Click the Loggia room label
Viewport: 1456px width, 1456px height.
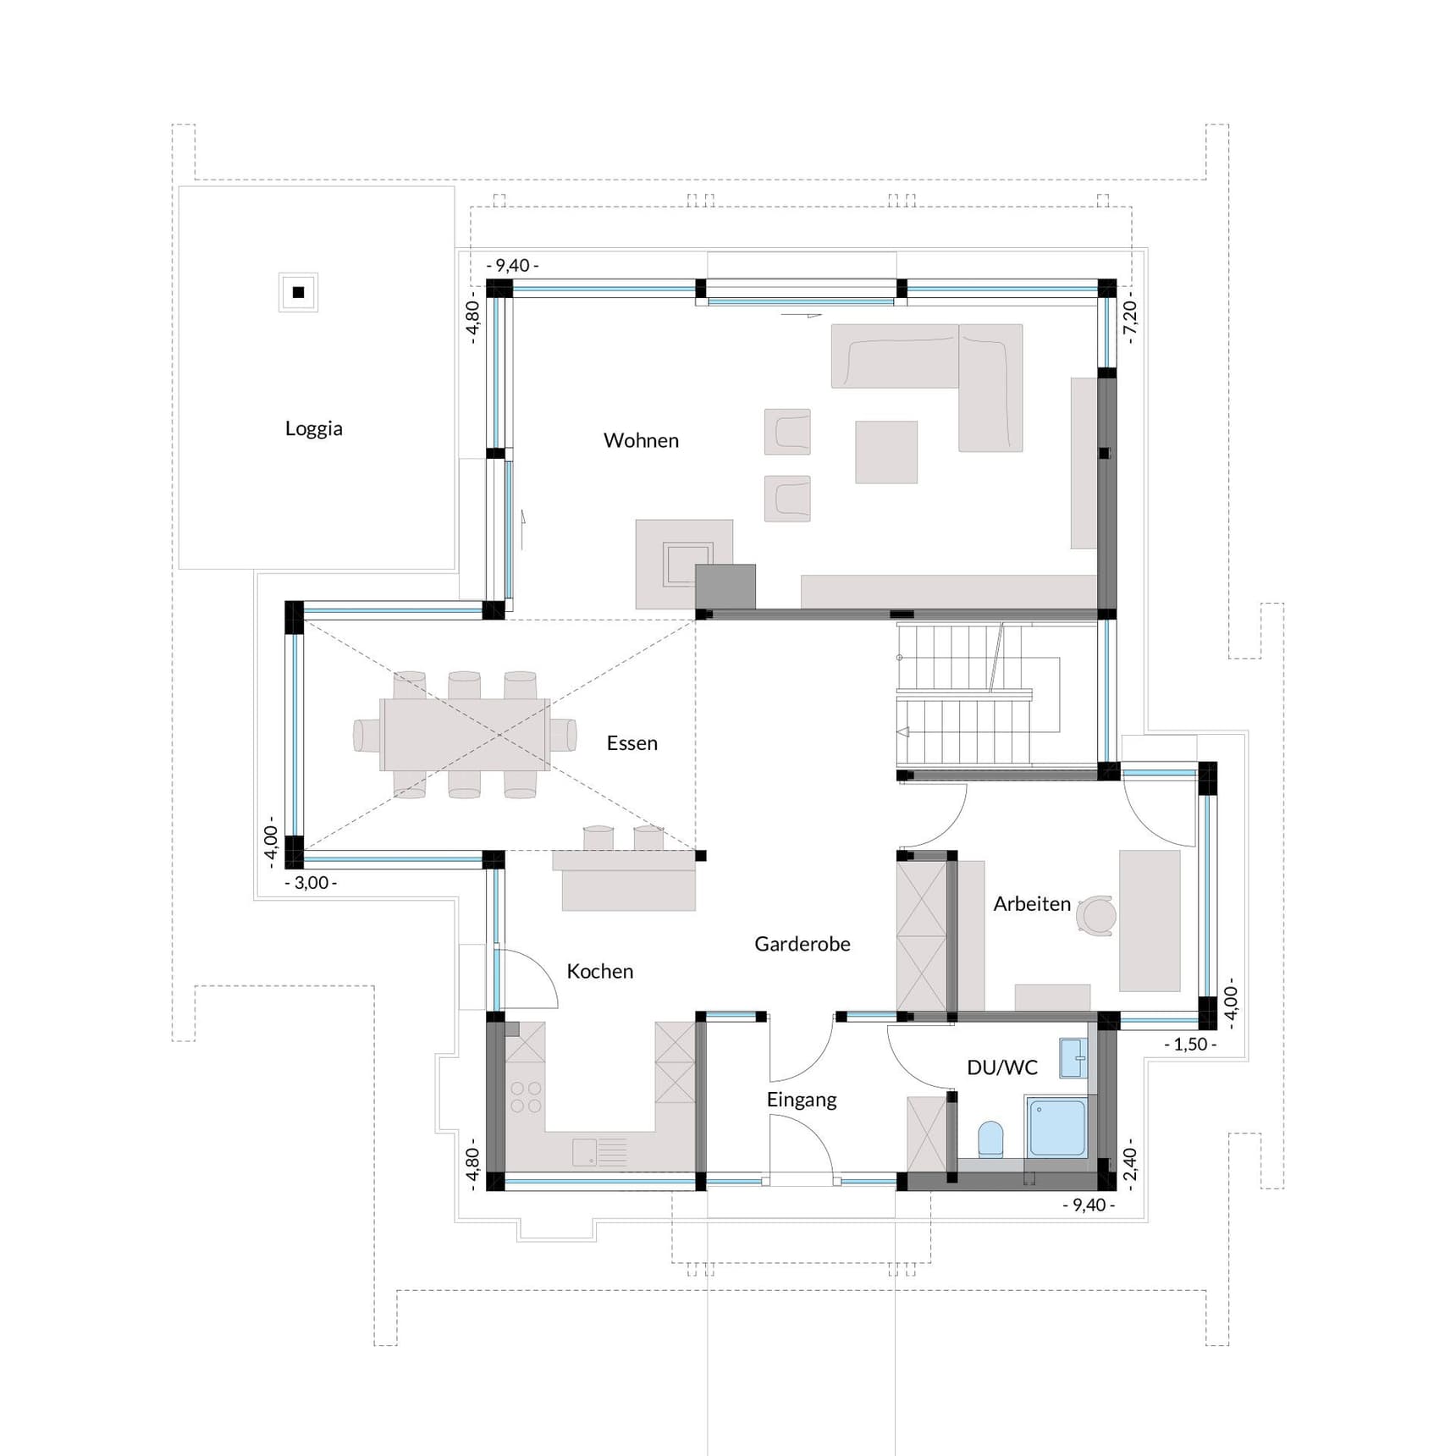point(313,428)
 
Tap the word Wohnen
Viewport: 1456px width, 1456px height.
point(641,440)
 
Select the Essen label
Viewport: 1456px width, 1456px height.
point(631,743)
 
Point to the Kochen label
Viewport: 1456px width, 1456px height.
point(599,971)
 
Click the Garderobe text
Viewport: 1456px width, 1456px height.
point(802,944)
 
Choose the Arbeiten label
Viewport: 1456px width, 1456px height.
point(1031,904)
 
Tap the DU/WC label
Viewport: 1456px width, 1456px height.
point(1001,1067)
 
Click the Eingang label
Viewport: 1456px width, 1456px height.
point(801,1100)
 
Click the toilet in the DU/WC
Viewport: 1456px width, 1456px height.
point(990,1139)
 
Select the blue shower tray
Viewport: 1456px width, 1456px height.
point(1056,1127)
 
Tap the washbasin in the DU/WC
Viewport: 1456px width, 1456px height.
point(1072,1058)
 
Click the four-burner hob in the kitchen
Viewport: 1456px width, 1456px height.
point(526,1097)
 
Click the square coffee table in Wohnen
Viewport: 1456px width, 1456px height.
point(885,452)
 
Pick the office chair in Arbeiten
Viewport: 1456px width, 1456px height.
point(1099,915)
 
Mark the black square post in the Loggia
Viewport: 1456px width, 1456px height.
point(298,292)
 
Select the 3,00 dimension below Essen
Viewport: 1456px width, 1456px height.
point(311,883)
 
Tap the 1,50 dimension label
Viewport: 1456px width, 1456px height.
point(1189,1045)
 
